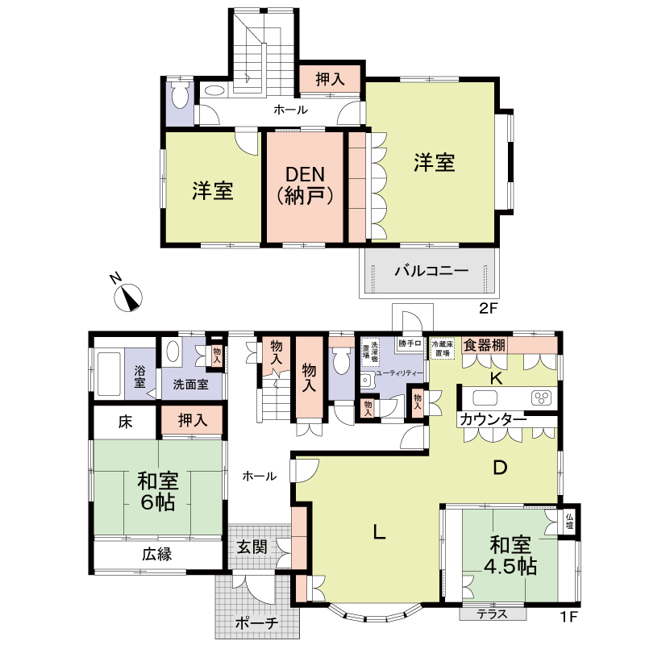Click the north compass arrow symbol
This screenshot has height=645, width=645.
(x=129, y=296)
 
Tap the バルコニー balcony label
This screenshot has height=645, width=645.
(x=431, y=271)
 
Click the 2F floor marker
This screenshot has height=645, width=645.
(x=486, y=308)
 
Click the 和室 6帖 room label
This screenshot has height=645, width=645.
(x=157, y=491)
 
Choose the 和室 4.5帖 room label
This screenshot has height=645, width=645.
(x=509, y=555)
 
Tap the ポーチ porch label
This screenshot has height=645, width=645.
(x=257, y=623)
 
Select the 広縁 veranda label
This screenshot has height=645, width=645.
(x=158, y=554)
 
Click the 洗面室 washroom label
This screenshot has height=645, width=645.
(x=190, y=385)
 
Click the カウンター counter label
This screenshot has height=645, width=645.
(x=493, y=419)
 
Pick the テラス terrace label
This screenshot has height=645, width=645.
(x=490, y=614)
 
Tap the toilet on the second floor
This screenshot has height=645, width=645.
(x=179, y=97)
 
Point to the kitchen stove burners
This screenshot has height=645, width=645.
(x=542, y=397)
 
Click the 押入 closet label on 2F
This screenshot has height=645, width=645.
(x=331, y=80)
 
